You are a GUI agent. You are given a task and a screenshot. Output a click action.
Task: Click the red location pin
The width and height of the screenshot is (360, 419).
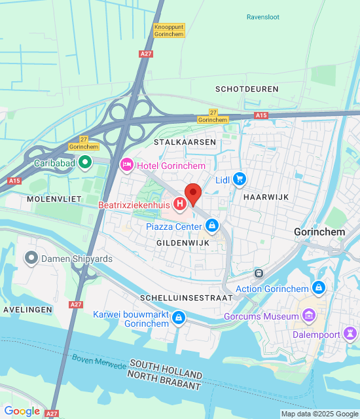tap(192, 194)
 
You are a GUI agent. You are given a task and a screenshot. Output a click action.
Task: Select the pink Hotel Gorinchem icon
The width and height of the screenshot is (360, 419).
tap(128, 166)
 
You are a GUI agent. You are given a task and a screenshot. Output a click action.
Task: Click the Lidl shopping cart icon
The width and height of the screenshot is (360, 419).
tap(239, 179)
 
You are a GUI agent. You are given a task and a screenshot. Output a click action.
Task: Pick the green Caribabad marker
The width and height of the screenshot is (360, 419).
tap(84, 162)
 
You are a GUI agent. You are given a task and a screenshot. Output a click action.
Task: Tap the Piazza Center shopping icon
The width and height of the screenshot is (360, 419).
tap(211, 227)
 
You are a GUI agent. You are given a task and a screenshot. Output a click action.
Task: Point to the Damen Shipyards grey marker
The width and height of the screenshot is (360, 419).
tap(31, 259)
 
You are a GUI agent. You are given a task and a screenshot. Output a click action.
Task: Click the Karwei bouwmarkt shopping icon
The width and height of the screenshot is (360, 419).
tap(178, 319)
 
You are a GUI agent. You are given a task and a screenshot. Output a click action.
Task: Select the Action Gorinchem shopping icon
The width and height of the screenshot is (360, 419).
tap(318, 288)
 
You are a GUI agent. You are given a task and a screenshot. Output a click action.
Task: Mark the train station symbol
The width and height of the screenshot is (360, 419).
tap(259, 272)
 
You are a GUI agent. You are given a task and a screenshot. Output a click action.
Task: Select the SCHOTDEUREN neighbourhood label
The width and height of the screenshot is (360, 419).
tap(247, 88)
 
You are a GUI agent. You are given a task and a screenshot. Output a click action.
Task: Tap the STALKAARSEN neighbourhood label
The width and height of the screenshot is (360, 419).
tap(175, 141)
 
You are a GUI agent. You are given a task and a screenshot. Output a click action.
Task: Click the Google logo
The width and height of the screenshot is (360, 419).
tap(22, 411)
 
